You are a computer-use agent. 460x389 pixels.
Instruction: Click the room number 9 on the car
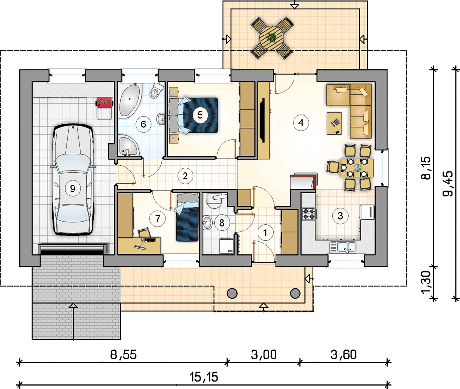point(73,189)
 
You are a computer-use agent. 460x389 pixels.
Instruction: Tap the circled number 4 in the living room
point(301,122)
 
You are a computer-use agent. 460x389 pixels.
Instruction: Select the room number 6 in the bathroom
point(143,124)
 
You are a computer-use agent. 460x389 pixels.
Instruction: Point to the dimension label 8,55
point(124,354)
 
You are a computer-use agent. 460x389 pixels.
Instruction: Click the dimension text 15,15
point(204,377)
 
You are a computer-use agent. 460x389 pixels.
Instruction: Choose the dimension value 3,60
point(344,354)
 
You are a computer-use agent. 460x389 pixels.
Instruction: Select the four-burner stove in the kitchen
point(309,213)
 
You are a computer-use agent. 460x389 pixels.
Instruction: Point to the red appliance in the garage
point(104,103)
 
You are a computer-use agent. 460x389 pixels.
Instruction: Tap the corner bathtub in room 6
point(129,100)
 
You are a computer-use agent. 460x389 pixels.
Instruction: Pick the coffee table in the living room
point(334,123)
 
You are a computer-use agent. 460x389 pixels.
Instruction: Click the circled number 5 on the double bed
point(200,115)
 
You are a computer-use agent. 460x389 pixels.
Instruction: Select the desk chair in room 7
point(144,232)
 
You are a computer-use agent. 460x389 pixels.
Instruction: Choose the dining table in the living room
point(357,168)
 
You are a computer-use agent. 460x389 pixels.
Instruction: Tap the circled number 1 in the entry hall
point(265,233)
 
